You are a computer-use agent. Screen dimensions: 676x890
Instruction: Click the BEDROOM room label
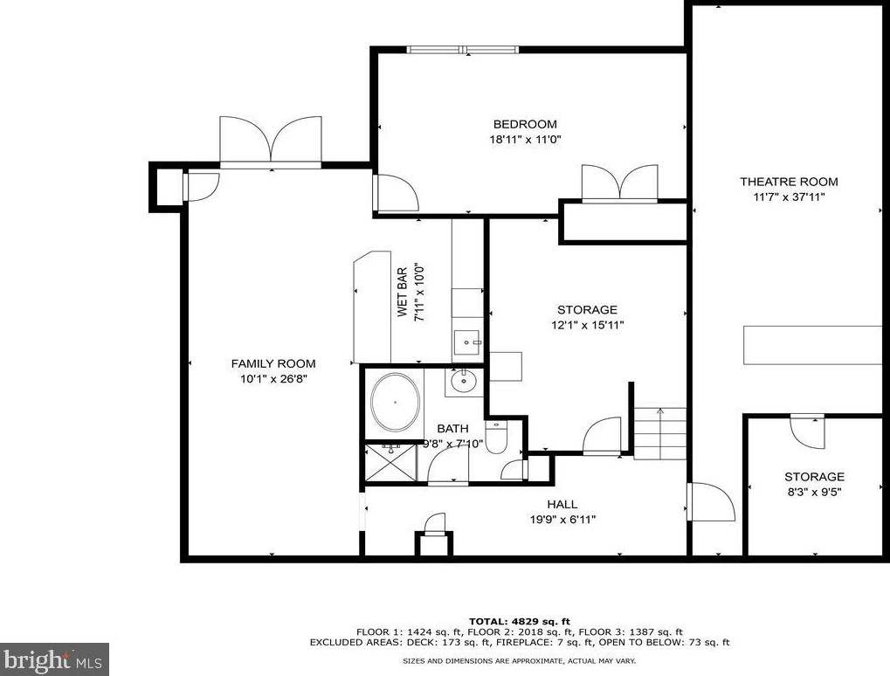pyautogui.click(x=524, y=124)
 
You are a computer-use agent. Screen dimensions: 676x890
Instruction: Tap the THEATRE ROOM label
pyautogui.click(x=789, y=182)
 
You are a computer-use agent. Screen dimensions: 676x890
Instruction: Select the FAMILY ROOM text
pyautogui.click(x=273, y=363)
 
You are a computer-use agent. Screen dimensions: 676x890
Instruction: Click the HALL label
pyautogui.click(x=562, y=504)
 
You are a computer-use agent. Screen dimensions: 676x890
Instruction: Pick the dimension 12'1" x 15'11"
pyautogui.click(x=587, y=325)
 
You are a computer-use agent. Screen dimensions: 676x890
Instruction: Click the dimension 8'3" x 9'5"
pyautogui.click(x=813, y=492)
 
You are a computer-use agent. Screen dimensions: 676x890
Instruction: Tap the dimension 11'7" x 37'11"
pyautogui.click(x=789, y=197)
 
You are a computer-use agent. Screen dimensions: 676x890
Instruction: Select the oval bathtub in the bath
pyautogui.click(x=396, y=403)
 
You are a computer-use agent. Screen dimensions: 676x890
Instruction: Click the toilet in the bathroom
pyautogui.click(x=496, y=437)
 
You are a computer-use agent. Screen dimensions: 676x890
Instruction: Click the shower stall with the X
pyautogui.click(x=390, y=463)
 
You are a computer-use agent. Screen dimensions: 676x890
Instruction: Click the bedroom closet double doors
pyautogui.click(x=619, y=184)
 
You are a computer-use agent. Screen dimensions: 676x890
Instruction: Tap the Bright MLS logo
pyautogui.click(x=54, y=659)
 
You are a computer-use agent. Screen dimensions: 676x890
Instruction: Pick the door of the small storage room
pyautogui.click(x=807, y=430)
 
